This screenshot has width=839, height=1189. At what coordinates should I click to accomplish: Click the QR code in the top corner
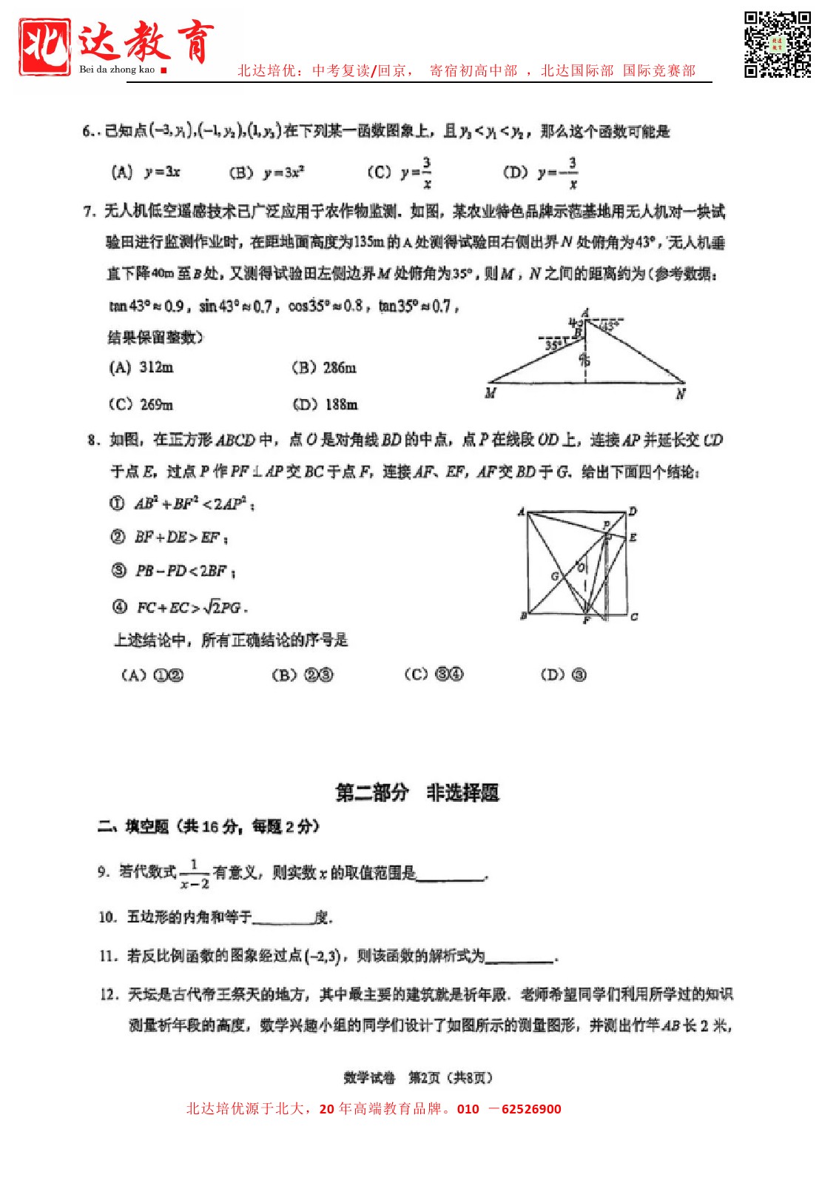[x=777, y=44]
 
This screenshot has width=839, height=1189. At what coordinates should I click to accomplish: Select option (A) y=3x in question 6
[x=146, y=173]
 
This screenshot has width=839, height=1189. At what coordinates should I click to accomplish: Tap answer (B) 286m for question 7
[x=324, y=367]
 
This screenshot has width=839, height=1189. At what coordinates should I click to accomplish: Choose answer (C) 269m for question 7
[x=141, y=404]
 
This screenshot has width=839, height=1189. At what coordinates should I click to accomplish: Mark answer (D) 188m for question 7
[x=325, y=404]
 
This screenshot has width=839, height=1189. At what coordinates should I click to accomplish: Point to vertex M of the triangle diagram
[x=491, y=393]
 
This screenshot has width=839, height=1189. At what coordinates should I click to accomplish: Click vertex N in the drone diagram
[x=681, y=394]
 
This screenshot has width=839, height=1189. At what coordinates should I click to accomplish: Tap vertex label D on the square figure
[x=633, y=511]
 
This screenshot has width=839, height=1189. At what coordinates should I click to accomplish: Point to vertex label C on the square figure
[x=634, y=616]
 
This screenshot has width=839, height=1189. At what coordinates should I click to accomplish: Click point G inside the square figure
[x=555, y=576]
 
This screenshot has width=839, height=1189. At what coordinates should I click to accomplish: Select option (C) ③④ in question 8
[x=434, y=674]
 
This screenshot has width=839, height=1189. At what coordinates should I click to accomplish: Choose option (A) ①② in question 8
[x=152, y=674]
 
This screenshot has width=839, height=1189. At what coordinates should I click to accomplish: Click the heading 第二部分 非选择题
[x=417, y=793]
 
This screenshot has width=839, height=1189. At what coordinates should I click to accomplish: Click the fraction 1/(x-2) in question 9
[x=195, y=874]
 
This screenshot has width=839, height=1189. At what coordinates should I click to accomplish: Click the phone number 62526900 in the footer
[x=531, y=1109]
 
